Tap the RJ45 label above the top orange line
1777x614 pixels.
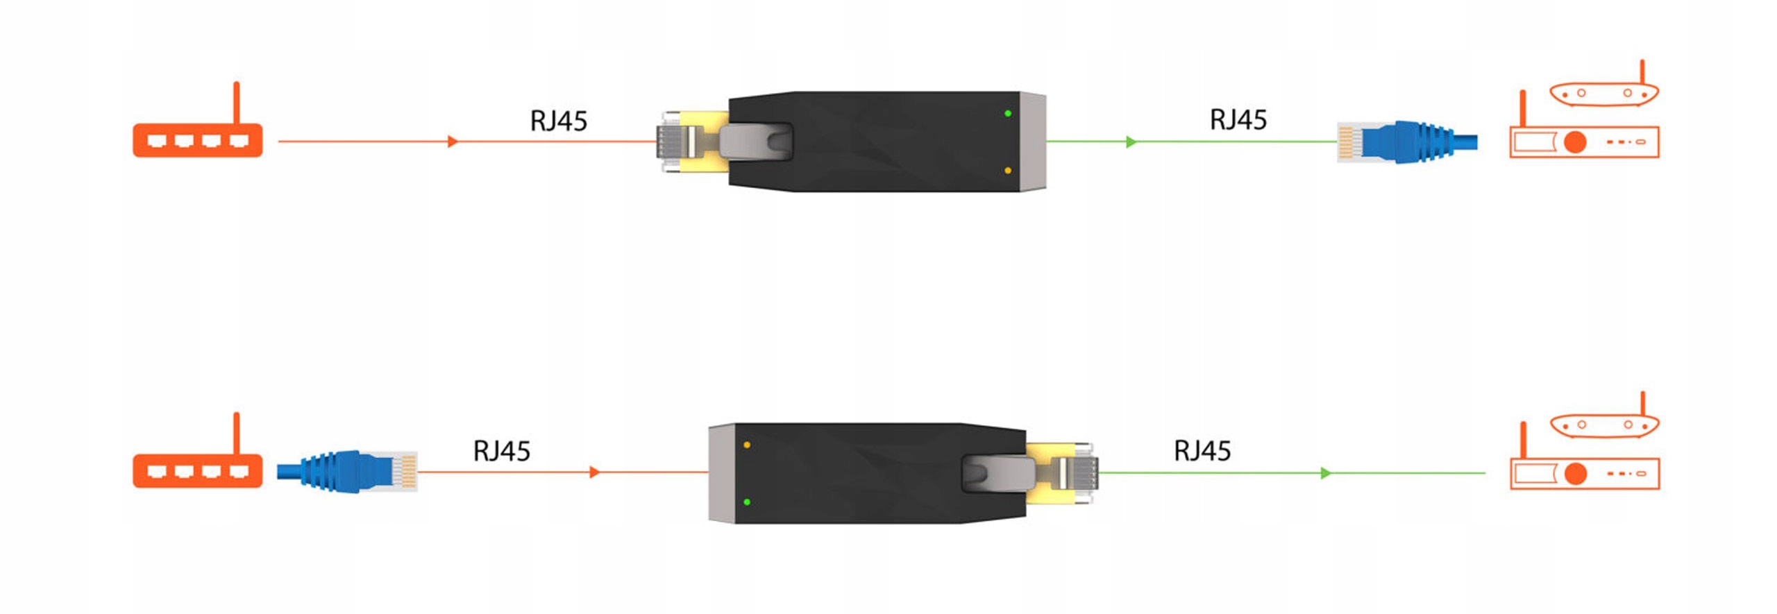click(x=558, y=121)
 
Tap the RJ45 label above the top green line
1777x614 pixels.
click(x=1238, y=119)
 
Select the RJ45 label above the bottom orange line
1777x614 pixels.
click(x=501, y=451)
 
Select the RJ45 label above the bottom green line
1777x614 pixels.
click(x=1202, y=450)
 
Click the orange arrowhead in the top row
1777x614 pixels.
click(x=453, y=142)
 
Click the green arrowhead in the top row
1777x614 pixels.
click(x=1131, y=142)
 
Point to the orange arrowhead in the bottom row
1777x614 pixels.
click(x=594, y=472)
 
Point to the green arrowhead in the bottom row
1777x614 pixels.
click(x=1325, y=473)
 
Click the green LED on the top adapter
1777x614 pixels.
click(x=1007, y=113)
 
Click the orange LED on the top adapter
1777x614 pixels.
click(x=1007, y=170)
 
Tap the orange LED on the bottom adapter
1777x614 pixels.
click(x=747, y=445)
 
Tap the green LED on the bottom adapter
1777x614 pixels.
click(x=747, y=502)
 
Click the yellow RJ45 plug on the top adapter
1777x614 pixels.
click(x=687, y=142)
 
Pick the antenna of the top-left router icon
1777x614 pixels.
click(x=236, y=102)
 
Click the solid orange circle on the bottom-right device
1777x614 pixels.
click(x=1576, y=473)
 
